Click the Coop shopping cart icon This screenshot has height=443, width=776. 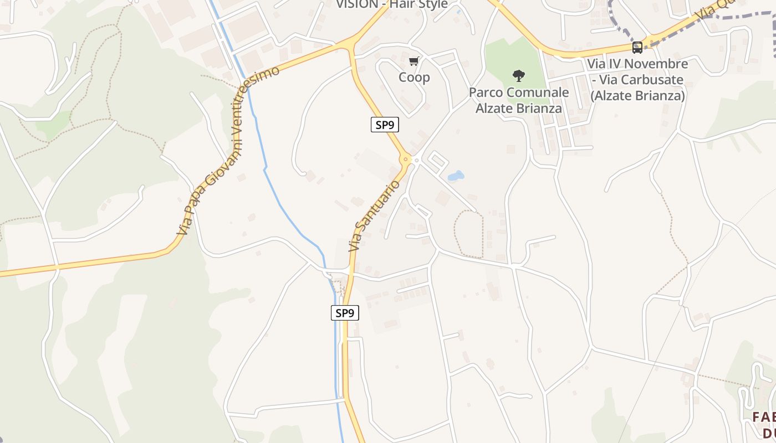[414, 61]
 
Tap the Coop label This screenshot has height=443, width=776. [414, 77]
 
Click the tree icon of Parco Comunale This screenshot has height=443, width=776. [519, 75]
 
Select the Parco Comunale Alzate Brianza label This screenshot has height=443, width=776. [519, 100]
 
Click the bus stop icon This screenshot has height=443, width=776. [637, 48]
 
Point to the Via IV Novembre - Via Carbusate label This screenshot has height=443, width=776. [637, 80]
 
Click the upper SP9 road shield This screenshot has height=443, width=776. [385, 125]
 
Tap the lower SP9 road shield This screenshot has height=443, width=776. [345, 313]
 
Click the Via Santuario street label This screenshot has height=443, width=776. [374, 215]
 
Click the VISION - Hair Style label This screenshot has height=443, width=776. [392, 4]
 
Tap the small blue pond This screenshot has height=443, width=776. [456, 176]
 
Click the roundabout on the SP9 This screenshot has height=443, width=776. [406, 159]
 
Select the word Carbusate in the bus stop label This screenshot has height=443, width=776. [652, 80]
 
